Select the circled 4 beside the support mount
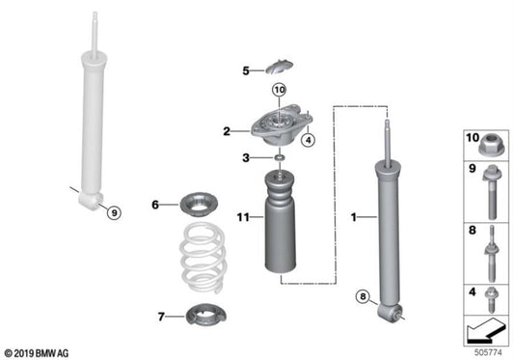309,139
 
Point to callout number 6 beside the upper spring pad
155,204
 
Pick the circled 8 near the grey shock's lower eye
364,297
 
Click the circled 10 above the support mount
279,89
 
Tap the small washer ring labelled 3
278,156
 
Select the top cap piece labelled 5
278,67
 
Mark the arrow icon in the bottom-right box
483,330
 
